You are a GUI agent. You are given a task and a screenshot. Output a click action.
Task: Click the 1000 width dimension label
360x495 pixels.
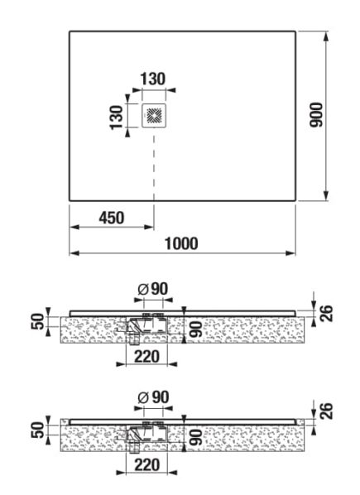tap(181, 243)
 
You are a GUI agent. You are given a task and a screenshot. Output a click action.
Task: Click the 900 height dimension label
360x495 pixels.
tap(316, 115)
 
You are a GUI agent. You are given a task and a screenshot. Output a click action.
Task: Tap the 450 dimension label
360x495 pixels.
tap(112, 218)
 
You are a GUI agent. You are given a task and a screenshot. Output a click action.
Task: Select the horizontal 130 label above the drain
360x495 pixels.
tap(153, 79)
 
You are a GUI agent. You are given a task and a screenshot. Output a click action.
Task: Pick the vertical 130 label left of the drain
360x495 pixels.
tap(116, 117)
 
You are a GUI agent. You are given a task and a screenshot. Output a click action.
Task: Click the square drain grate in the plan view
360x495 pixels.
tap(154, 116)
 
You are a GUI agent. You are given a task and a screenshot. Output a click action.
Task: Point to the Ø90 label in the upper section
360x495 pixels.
tap(153, 289)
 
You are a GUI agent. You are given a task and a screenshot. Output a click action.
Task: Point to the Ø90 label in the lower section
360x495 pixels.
tap(153, 397)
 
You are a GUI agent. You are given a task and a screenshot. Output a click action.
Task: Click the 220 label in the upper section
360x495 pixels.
tap(147, 357)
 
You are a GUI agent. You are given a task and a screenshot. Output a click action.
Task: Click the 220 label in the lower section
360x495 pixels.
tap(147, 465)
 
